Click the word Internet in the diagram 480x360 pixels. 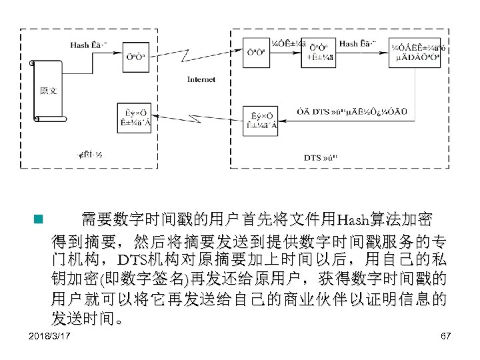[201, 79]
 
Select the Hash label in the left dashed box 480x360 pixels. [79, 45]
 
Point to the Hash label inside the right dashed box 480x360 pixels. [349, 44]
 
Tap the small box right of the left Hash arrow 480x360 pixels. [133, 56]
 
